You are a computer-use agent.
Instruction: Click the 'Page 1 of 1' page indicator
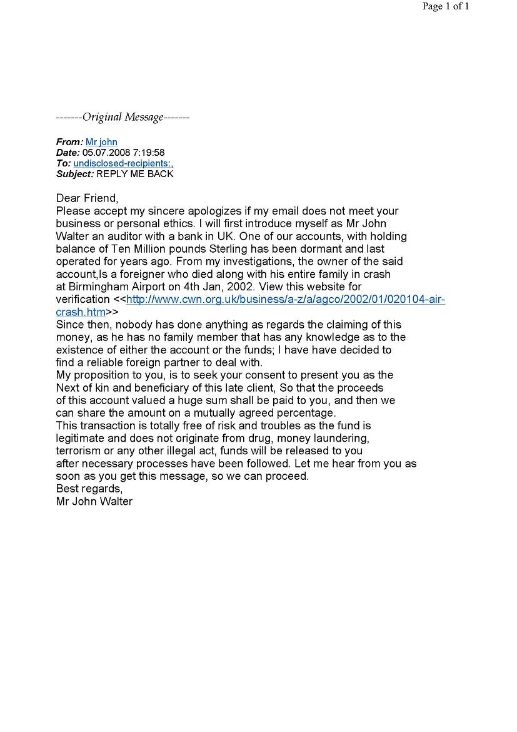coord(445,7)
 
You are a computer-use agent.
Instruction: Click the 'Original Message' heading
coord(123,118)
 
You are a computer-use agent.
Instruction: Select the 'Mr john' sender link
coord(101,143)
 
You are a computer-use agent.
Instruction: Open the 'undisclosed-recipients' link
coord(123,163)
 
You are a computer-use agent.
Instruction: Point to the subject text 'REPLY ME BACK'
coord(135,174)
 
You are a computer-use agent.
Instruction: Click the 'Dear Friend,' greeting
coord(87,198)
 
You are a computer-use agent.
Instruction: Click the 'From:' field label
coord(69,143)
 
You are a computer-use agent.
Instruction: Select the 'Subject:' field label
coord(75,174)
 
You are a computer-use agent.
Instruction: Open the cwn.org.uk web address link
coord(285,299)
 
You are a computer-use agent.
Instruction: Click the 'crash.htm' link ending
coord(81,312)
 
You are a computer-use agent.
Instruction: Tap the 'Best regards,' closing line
coord(89,489)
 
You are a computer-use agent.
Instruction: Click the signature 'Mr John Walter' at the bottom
coord(94,501)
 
